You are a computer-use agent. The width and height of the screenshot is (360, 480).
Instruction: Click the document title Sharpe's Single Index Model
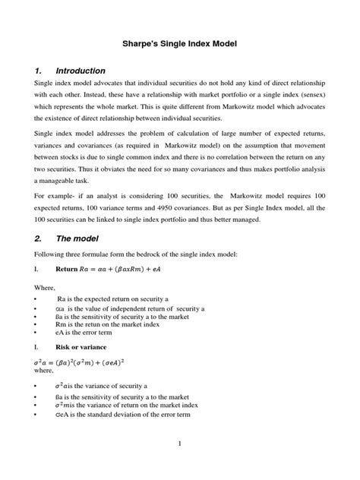(181, 45)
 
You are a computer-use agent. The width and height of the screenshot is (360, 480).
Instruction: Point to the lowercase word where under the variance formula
(44, 373)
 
